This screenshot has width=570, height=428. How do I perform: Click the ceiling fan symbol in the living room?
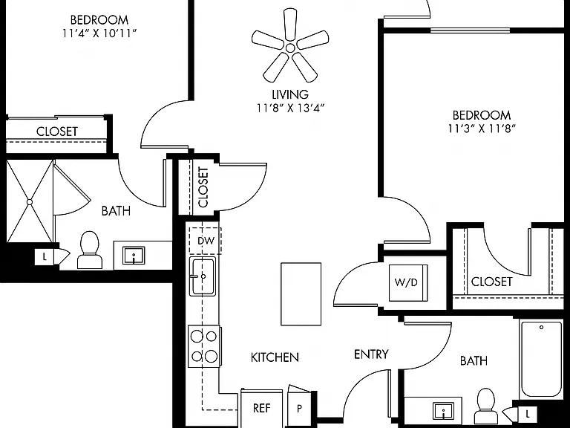290,48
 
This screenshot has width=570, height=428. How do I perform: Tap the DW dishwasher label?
206,241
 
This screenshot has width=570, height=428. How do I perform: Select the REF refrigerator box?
262,408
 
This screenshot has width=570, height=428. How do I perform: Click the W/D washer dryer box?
408,283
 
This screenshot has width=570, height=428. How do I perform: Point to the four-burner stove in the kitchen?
204,346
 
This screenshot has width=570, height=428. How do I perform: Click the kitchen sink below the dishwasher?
203,276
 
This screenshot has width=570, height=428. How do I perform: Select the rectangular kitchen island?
301,294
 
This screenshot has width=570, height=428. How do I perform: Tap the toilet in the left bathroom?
89,250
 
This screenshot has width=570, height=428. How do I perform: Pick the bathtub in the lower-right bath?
541,358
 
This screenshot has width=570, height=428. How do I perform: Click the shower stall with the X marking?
30,201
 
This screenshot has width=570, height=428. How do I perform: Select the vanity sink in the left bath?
134,255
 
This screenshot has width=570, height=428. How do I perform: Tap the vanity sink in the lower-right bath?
444,410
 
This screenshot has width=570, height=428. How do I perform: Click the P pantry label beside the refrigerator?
299,409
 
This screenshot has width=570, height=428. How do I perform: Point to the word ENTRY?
371,354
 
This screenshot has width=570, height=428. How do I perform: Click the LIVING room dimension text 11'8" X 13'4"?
291,108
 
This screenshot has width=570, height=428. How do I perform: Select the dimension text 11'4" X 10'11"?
99,33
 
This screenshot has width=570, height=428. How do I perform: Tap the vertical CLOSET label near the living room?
203,187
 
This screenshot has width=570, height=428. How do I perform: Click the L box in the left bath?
45,257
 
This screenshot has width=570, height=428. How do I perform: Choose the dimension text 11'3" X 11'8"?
482,129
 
